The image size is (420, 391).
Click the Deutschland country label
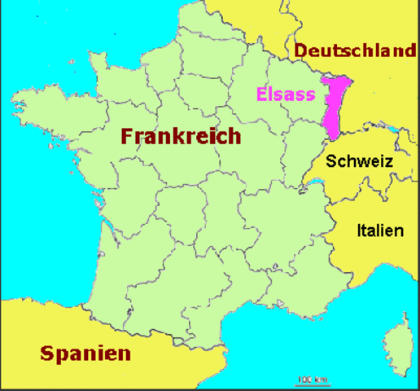pyautogui.click(x=355, y=51)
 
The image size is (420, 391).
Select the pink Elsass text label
pyautogui.click(x=285, y=94)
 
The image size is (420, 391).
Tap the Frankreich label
pyautogui.click(x=181, y=135)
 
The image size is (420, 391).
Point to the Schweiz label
pyautogui.click(x=359, y=161)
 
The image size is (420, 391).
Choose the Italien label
pyautogui.click(x=379, y=231)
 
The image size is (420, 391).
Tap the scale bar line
pyautogui.click(x=312, y=383)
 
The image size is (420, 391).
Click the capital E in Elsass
pyautogui.click(x=260, y=94)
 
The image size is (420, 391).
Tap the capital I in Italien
pyautogui.click(x=359, y=231)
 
